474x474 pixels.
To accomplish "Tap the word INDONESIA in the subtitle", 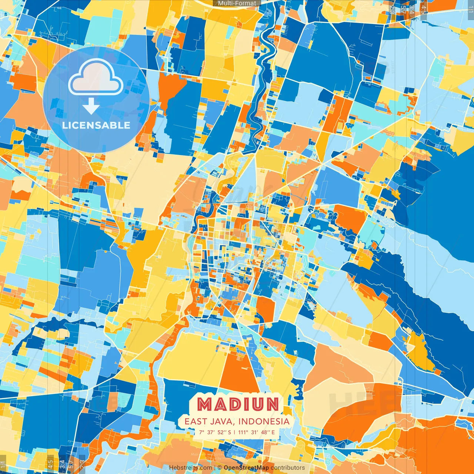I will pyautogui.click(x=264, y=421).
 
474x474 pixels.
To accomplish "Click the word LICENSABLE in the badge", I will pyautogui.click(x=96, y=125).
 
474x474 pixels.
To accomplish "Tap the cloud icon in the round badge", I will pyautogui.click(x=96, y=79).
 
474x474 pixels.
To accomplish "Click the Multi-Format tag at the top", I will pyautogui.click(x=237, y=3).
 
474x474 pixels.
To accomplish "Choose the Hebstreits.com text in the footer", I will pyautogui.click(x=190, y=468).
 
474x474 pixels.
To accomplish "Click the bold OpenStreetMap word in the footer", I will pyautogui.click(x=246, y=468).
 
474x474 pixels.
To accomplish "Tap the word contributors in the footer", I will pyautogui.click(x=288, y=468).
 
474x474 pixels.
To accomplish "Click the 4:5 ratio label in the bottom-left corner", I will pyautogui.click(x=50, y=464).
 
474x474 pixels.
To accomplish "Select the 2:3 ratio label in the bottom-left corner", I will pyautogui.click(x=82, y=464).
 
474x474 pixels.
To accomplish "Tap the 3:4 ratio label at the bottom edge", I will pyautogui.click(x=62, y=464).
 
